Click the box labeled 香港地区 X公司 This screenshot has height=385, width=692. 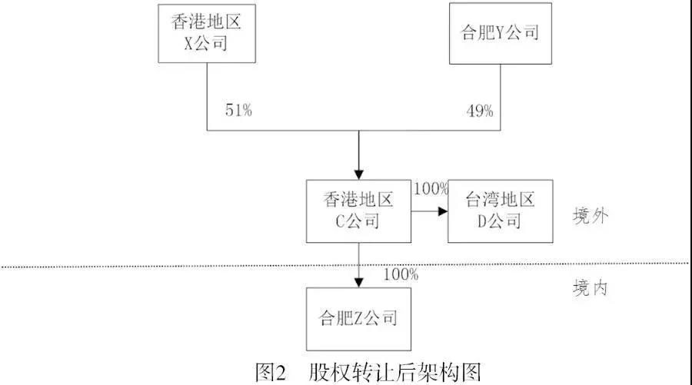click(x=207, y=34)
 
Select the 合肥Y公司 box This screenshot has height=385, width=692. click(x=501, y=34)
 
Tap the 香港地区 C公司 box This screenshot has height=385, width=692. click(x=359, y=211)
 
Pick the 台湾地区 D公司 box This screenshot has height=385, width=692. click(x=501, y=211)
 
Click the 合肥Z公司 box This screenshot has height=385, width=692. click(x=359, y=319)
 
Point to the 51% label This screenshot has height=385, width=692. click(x=239, y=110)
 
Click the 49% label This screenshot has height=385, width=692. click(x=480, y=111)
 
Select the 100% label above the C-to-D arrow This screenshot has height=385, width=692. click(x=431, y=189)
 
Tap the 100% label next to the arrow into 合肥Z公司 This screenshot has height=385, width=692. click(x=401, y=274)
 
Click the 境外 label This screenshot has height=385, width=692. click(x=591, y=216)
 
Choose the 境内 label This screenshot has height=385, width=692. click(x=591, y=288)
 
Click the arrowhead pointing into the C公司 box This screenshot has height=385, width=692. click(x=359, y=174)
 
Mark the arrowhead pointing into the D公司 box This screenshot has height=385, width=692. click(x=443, y=211)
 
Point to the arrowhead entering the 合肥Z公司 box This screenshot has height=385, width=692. click(x=359, y=282)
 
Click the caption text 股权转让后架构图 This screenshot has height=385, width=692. click(x=395, y=373)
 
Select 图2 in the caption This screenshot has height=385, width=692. click(x=271, y=373)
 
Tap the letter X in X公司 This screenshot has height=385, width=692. click(x=188, y=43)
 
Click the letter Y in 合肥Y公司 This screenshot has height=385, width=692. click(x=500, y=32)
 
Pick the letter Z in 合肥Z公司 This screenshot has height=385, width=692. click(x=358, y=317)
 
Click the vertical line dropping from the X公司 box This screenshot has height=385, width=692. click(x=207, y=97)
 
